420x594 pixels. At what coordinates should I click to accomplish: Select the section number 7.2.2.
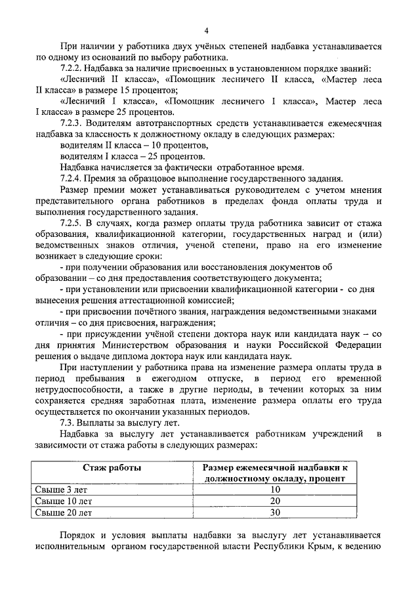tap(72, 69)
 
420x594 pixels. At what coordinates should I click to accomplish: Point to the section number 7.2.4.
tap(72, 179)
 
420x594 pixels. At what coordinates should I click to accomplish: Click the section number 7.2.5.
tap(72, 223)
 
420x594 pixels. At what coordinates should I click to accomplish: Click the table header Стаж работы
tap(112, 467)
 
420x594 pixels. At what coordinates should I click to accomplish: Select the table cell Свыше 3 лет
tap(56, 490)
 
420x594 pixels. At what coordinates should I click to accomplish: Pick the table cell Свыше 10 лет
tap(58, 501)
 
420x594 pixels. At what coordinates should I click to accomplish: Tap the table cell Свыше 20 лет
tap(58, 512)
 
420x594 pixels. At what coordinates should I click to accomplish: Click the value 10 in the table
tap(275, 490)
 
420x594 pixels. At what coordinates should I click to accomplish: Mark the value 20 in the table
tap(275, 501)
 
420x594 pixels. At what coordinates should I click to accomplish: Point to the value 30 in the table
tap(275, 512)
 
